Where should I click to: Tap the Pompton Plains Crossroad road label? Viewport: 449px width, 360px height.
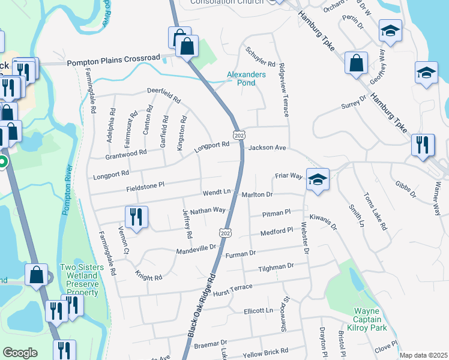(x=113, y=61)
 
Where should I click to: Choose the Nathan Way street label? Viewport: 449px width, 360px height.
(x=208, y=211)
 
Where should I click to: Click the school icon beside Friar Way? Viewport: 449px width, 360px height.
(x=317, y=179)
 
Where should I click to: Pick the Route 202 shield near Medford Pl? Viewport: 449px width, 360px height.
(x=225, y=232)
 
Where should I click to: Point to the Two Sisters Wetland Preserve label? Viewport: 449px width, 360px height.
(x=79, y=280)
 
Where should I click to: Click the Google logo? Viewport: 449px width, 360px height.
(x=20, y=353)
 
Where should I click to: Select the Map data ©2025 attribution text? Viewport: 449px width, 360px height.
(x=423, y=355)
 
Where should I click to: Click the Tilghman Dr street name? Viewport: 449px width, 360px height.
(x=276, y=266)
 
